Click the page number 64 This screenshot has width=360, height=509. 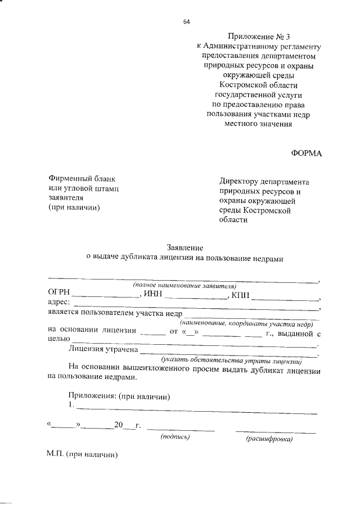tap(187, 22)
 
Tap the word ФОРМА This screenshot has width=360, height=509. tap(306, 153)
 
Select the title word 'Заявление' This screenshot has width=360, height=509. tap(184, 247)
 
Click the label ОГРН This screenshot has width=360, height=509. tap(59, 294)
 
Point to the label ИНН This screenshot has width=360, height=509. tap(152, 294)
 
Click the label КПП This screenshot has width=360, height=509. tap(240, 294)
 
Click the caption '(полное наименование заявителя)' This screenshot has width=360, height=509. tap(184, 286)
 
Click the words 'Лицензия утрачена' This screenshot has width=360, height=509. tap(103, 349)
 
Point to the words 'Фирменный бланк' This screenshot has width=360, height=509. tap(82, 178)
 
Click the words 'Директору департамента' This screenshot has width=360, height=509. tap(264, 182)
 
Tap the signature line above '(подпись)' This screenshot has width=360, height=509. tap(181, 430)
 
